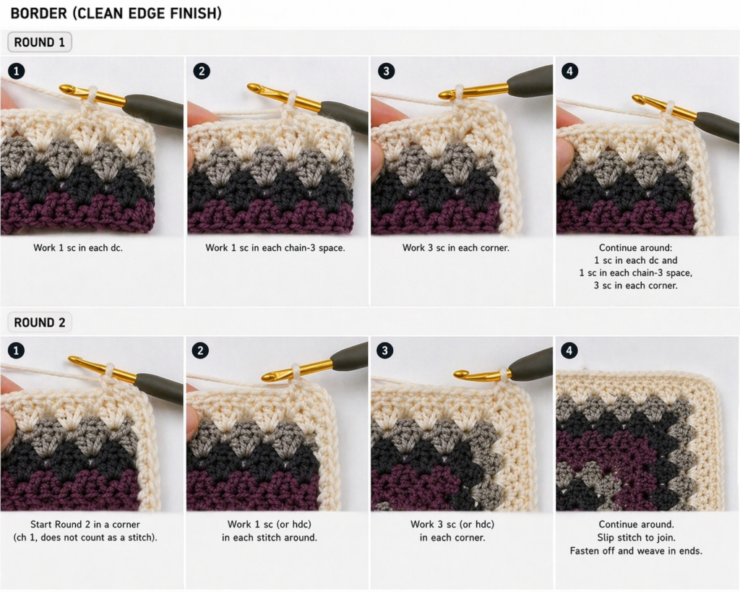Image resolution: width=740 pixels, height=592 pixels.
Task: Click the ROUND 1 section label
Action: pos(40,43)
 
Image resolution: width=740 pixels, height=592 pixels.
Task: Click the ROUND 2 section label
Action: pos(40,322)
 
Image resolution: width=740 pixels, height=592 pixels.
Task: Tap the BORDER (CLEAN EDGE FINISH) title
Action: pos(116,13)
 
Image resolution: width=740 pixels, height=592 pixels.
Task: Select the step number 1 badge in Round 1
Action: pos(16,70)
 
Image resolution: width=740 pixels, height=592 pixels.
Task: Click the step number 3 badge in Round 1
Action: pos(387,70)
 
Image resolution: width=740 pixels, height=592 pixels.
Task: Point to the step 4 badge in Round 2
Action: pos(569,351)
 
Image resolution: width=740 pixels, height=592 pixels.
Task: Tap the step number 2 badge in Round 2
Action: pos(200,351)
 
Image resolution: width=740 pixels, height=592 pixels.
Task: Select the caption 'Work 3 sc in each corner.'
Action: pos(455,248)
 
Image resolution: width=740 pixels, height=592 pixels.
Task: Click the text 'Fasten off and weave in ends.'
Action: pos(636,551)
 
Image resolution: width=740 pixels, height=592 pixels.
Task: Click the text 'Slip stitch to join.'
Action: pos(636,538)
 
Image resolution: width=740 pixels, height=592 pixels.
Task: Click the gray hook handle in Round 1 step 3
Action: pos(531,81)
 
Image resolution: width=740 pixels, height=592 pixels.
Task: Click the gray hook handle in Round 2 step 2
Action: pos(350,356)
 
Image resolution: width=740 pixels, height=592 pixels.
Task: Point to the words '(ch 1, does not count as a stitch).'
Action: pos(87,538)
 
